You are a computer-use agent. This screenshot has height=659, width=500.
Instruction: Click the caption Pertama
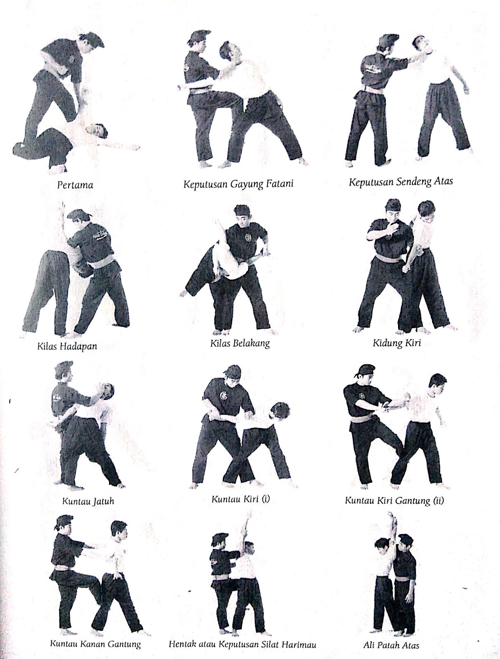(75, 185)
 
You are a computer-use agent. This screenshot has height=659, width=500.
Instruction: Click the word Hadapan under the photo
(78, 346)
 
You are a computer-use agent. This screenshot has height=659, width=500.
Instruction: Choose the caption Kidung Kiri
(396, 342)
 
